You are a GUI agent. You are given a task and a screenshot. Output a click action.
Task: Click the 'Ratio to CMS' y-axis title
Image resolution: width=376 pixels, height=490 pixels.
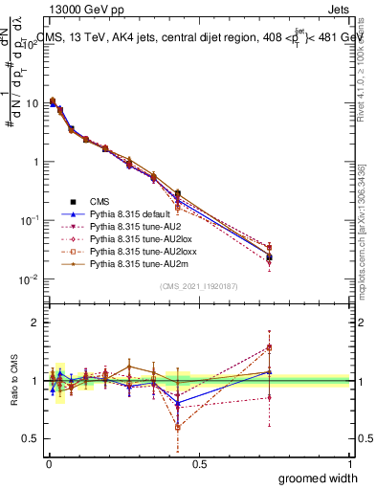(x=13, y=381)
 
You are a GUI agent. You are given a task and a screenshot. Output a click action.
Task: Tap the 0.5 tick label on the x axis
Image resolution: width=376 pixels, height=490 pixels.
(x=200, y=463)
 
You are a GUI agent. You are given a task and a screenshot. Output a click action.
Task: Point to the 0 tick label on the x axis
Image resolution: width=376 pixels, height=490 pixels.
(x=49, y=463)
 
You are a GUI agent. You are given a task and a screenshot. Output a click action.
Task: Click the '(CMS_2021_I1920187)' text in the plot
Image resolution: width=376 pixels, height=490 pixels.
(x=199, y=286)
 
